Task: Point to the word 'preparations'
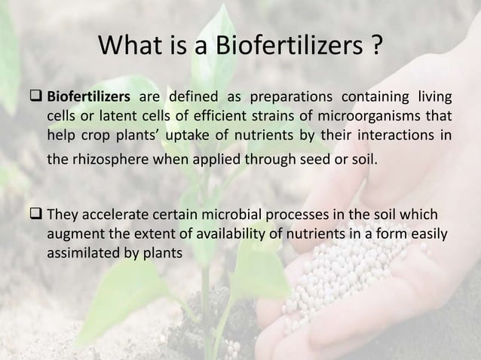(298, 96)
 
